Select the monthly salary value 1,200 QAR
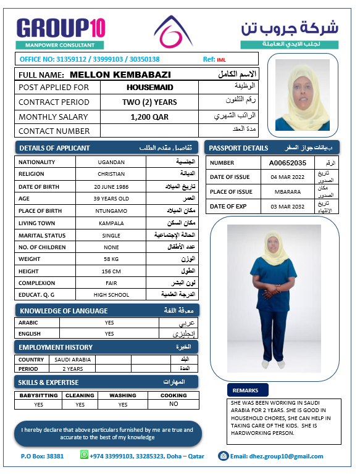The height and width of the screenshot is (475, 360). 149,117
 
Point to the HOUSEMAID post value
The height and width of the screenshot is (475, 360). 149,88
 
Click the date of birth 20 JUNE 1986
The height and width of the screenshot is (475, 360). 111,187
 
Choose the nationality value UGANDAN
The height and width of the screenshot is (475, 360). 111,162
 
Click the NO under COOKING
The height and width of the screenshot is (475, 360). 174,404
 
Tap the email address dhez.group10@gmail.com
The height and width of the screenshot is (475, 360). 277,456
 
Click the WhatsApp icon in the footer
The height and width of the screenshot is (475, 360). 85,455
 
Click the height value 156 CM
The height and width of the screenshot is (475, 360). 111,271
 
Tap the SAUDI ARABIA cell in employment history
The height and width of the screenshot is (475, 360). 72,359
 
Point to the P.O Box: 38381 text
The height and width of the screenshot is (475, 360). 42,456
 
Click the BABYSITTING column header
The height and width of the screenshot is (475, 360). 38,395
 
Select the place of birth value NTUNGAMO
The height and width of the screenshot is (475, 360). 111,211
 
